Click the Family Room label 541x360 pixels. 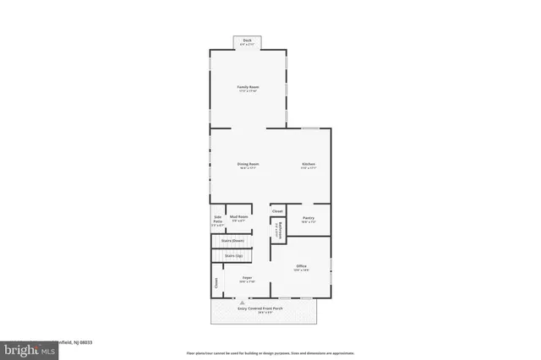(x=247, y=87)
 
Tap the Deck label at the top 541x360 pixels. (x=247, y=40)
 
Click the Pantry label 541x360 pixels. (x=308, y=218)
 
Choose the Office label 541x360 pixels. (x=302, y=266)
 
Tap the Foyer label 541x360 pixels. (x=248, y=277)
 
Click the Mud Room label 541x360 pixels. (x=238, y=217)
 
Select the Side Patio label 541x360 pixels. (x=217, y=221)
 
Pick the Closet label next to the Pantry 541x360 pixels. (x=277, y=210)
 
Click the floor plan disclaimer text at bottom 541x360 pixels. (x=270, y=352)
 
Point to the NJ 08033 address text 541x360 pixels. (x=81, y=342)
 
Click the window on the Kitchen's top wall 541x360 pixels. (x=310, y=128)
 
